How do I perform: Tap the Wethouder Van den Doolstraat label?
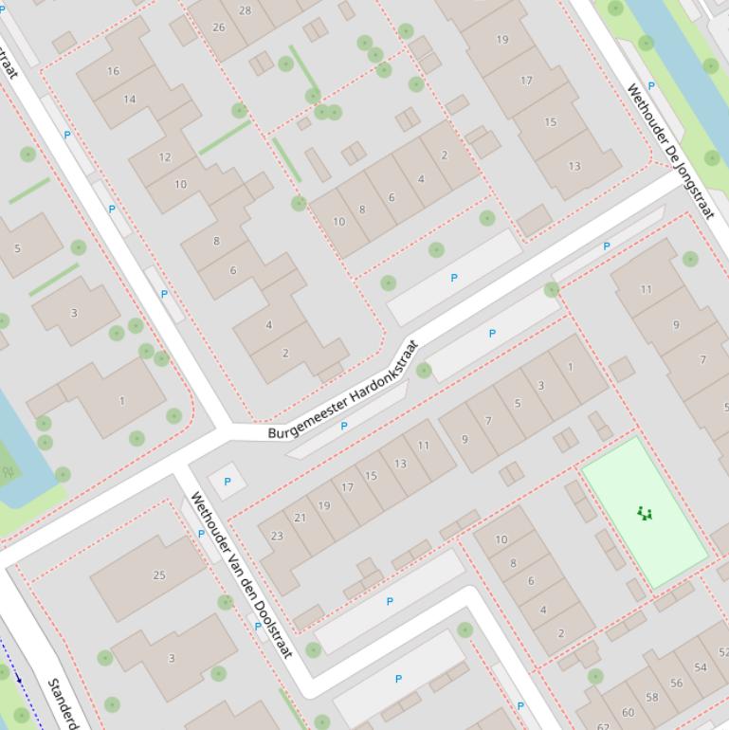coord(241,574)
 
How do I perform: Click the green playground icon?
coord(646,514)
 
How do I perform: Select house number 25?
coord(159,575)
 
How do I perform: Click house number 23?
coord(277,536)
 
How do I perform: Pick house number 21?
coord(301,518)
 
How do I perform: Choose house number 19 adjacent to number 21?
coord(324,505)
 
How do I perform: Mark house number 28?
coord(246,10)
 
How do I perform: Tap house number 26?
coord(219,27)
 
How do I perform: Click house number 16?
coord(114,71)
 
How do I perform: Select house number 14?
coord(129,99)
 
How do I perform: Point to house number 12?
coord(165,157)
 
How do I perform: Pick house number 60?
coord(628,712)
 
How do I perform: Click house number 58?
coord(652,697)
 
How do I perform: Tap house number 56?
coord(676,683)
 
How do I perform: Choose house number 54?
coord(701,667)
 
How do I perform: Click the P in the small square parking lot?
coord(228,482)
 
